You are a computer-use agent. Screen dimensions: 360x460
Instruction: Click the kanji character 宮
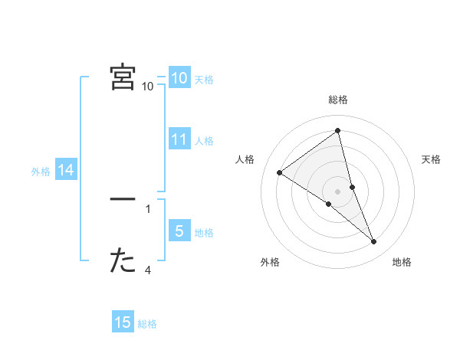click(x=123, y=77)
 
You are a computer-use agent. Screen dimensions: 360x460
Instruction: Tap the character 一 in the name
click(x=123, y=199)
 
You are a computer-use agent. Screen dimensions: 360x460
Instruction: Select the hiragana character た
click(x=123, y=261)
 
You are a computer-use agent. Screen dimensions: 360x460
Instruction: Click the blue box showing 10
click(x=179, y=77)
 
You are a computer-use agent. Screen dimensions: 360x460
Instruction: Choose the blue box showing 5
click(x=179, y=231)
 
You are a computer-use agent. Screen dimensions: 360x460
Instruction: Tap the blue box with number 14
click(x=66, y=170)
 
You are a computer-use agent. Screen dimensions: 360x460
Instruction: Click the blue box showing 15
click(x=123, y=322)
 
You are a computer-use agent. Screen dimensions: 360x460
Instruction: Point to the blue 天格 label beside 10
click(x=203, y=79)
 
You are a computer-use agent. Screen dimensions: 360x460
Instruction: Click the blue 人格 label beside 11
click(x=203, y=140)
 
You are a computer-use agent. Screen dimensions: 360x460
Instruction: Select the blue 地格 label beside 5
click(x=203, y=232)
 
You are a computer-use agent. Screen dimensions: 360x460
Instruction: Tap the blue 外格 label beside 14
click(x=41, y=172)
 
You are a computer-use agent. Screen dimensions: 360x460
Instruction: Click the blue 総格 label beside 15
click(x=147, y=324)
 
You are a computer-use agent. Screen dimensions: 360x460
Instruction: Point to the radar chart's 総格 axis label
click(x=337, y=100)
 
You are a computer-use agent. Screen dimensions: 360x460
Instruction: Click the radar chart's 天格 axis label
click(x=431, y=159)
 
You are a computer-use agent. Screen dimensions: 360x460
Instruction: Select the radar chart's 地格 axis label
click(x=402, y=262)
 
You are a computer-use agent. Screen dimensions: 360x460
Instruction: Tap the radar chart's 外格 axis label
click(x=270, y=262)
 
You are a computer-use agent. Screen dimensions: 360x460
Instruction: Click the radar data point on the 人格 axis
click(x=279, y=172)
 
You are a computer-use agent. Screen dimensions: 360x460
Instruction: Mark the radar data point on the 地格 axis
click(x=374, y=242)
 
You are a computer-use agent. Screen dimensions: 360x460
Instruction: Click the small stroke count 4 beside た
click(x=148, y=270)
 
